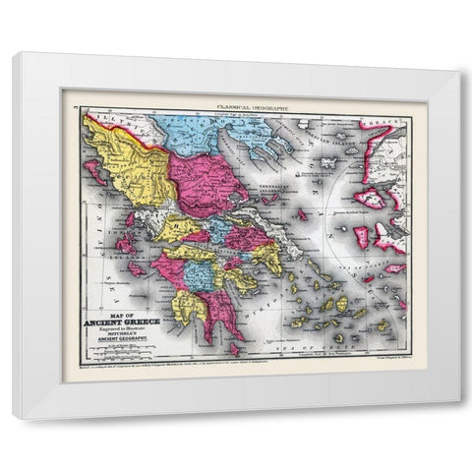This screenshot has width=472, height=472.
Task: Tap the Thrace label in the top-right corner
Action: click(384, 123)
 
